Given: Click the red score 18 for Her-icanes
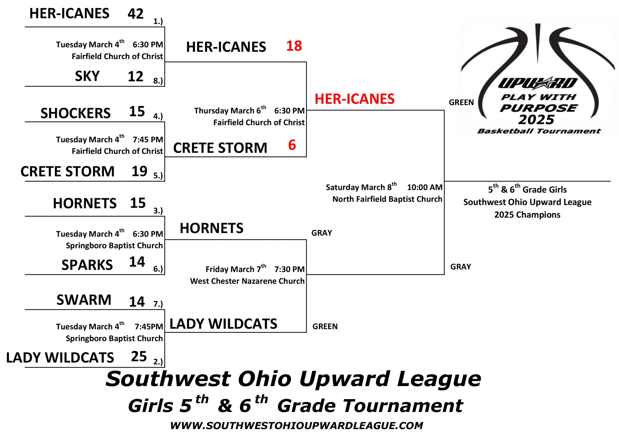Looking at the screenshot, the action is pyautogui.click(x=294, y=46).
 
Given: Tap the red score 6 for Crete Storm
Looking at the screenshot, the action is pyautogui.click(x=292, y=145).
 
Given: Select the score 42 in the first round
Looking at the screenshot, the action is pyautogui.click(x=136, y=14).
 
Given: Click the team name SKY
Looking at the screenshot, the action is pyautogui.click(x=87, y=76).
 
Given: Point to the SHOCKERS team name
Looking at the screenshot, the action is pyautogui.click(x=75, y=113).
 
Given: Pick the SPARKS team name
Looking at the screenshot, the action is pyautogui.click(x=87, y=265).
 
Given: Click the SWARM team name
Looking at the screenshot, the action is pyautogui.click(x=84, y=300).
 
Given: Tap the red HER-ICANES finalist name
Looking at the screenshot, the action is pyautogui.click(x=354, y=99).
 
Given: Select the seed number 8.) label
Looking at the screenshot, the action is pyautogui.click(x=158, y=81).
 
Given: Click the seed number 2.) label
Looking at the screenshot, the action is pyautogui.click(x=158, y=362).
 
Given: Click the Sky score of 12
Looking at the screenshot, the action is pyautogui.click(x=135, y=77).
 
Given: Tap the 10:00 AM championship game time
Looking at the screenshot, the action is pyautogui.click(x=425, y=187).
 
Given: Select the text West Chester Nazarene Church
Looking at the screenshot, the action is pyautogui.click(x=247, y=281).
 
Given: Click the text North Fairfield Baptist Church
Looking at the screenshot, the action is pyautogui.click(x=387, y=199).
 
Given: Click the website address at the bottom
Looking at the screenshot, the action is pyautogui.click(x=296, y=426).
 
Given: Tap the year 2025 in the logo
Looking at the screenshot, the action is pyautogui.click(x=536, y=120).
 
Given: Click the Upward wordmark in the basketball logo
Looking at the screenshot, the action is pyautogui.click(x=538, y=83).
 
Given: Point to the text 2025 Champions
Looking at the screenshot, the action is pyautogui.click(x=527, y=215).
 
